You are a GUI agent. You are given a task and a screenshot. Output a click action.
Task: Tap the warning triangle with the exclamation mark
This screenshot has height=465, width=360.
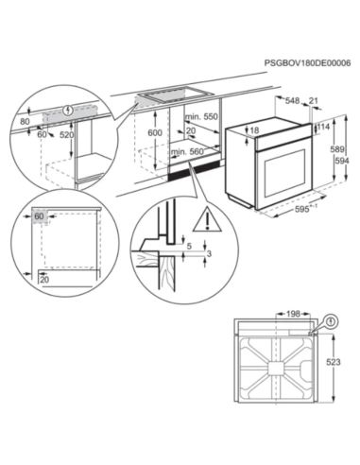click(x=203, y=223)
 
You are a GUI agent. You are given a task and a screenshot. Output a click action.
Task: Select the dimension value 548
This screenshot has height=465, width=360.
click(x=293, y=101)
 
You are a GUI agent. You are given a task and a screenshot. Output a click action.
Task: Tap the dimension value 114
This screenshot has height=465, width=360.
click(x=324, y=127)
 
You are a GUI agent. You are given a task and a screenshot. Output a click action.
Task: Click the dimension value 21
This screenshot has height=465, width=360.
click(x=314, y=101)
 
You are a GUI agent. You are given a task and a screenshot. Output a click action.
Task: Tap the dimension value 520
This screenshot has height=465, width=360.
click(x=66, y=135)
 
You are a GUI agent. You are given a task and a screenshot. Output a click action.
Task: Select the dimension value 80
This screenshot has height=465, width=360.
click(x=25, y=122)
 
